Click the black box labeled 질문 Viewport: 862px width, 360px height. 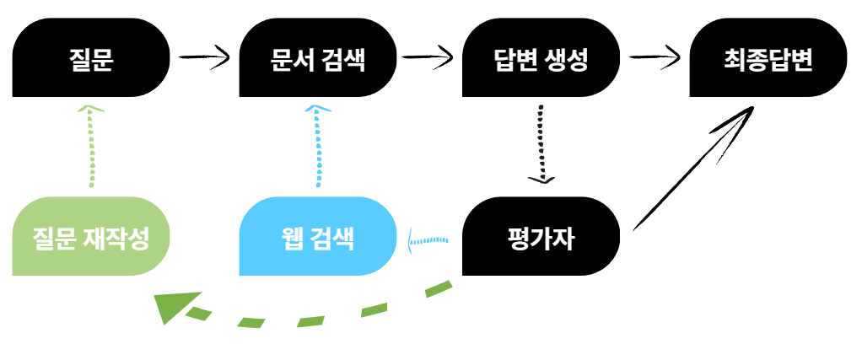[x=90, y=58]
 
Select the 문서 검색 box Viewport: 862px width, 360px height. [x=318, y=58]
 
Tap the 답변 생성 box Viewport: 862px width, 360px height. [x=541, y=58]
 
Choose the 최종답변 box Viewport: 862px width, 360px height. [x=768, y=58]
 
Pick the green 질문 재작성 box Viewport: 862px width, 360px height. [x=90, y=237]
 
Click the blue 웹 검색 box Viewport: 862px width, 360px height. [x=318, y=237]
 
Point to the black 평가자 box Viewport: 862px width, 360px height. [x=541, y=237]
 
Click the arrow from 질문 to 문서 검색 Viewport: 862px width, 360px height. [x=204, y=58]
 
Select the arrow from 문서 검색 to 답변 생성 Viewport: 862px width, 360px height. [x=429, y=58]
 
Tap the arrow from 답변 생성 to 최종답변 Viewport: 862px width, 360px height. [x=655, y=58]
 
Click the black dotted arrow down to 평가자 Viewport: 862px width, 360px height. [x=542, y=143]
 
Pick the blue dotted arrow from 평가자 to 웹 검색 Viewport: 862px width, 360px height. [x=428, y=242]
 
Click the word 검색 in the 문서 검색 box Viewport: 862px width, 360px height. [x=343, y=59]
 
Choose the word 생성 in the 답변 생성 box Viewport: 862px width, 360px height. [x=567, y=59]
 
